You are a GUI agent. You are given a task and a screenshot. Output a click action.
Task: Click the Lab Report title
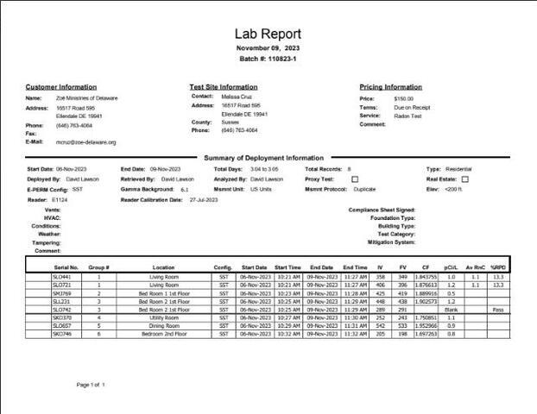(x=268, y=34)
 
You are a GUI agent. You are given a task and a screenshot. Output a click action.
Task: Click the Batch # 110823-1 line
(x=268, y=59)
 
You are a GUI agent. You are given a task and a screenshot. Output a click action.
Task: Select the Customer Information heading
(x=61, y=87)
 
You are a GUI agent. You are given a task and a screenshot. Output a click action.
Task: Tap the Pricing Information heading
(x=391, y=87)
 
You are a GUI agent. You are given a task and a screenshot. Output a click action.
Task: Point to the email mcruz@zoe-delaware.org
(x=86, y=142)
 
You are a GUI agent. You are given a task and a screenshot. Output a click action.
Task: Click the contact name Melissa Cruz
(x=237, y=97)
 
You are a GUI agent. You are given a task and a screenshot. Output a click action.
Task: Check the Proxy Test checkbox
(x=355, y=179)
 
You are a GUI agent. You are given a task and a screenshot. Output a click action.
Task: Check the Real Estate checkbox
(x=464, y=179)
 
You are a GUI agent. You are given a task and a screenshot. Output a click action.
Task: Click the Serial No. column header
(x=66, y=267)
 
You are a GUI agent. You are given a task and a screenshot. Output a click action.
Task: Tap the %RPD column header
(x=498, y=267)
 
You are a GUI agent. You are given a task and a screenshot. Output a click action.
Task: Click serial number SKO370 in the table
(x=62, y=317)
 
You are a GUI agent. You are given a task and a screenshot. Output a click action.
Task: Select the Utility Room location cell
(x=164, y=317)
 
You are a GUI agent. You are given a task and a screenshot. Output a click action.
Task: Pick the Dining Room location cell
(x=164, y=325)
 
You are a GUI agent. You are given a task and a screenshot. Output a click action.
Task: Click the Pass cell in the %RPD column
(x=498, y=309)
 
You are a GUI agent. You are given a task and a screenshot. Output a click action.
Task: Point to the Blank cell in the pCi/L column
(x=451, y=309)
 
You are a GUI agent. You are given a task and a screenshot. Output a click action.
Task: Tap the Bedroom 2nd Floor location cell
(x=164, y=333)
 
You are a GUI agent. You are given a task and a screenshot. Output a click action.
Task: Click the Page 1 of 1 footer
(x=91, y=385)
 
